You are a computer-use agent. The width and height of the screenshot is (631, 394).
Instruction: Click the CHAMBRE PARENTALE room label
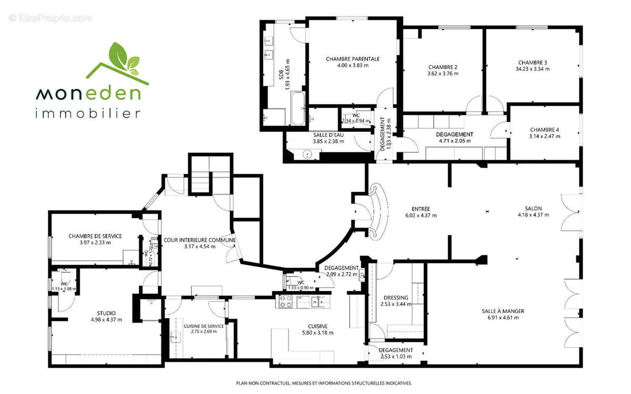coord(352,59)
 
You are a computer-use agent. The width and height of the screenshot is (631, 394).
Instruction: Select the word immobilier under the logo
coord(88,113)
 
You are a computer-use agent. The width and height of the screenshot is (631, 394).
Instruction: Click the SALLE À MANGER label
coord(503,311)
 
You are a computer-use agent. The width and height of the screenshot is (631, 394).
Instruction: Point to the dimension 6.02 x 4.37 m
coord(421,215)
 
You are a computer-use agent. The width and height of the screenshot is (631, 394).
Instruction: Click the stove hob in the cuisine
coord(285,301)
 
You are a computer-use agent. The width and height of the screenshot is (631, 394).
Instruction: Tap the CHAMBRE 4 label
coord(545,130)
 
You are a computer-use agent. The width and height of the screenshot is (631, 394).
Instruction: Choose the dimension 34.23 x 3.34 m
coord(532,69)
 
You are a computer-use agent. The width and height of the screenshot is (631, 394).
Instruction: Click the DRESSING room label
coord(396,297)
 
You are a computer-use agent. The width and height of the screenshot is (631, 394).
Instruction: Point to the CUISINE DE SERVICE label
coord(203,326)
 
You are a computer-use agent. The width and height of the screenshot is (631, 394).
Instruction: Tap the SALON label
coord(533,208)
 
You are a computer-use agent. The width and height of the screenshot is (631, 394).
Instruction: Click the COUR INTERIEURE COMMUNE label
coord(199,240)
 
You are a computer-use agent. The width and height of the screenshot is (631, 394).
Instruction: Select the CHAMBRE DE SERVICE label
coord(95,236)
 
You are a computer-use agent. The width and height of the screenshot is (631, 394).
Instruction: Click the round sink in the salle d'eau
coord(311,154)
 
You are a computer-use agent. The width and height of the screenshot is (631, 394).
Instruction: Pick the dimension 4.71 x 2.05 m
coord(454,141)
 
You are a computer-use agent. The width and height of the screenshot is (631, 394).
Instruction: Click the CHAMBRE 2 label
coord(443,67)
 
